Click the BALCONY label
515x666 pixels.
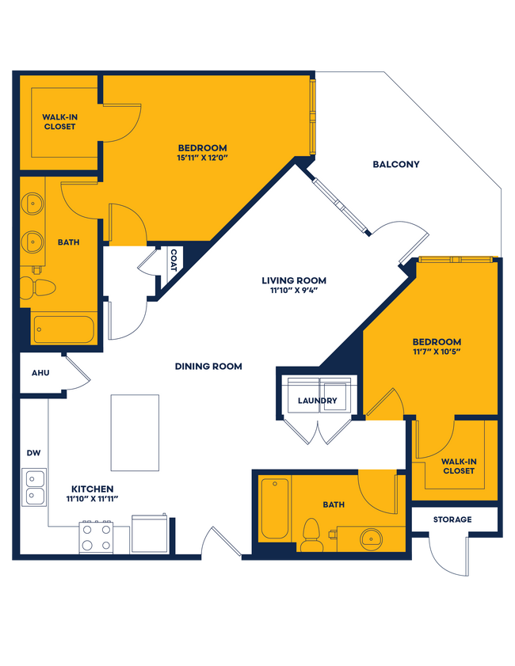(395, 165)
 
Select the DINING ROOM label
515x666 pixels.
(208, 367)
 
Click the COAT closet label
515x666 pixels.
(173, 261)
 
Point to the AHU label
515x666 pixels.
(40, 373)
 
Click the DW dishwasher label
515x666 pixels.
(33, 453)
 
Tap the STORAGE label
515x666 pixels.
(452, 519)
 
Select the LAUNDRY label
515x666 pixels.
(317, 401)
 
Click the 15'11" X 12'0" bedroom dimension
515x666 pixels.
(203, 158)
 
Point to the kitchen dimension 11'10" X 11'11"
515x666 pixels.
(93, 499)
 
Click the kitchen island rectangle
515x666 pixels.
(135, 432)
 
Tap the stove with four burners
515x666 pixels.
(95, 536)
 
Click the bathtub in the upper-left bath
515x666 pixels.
(63, 329)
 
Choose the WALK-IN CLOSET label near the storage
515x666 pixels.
(458, 466)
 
